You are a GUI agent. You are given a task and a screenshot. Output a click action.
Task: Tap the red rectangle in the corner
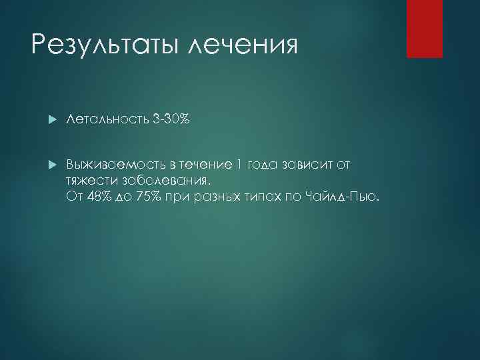click(425, 29)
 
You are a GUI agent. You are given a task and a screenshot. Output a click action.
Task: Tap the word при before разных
click(181, 197)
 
